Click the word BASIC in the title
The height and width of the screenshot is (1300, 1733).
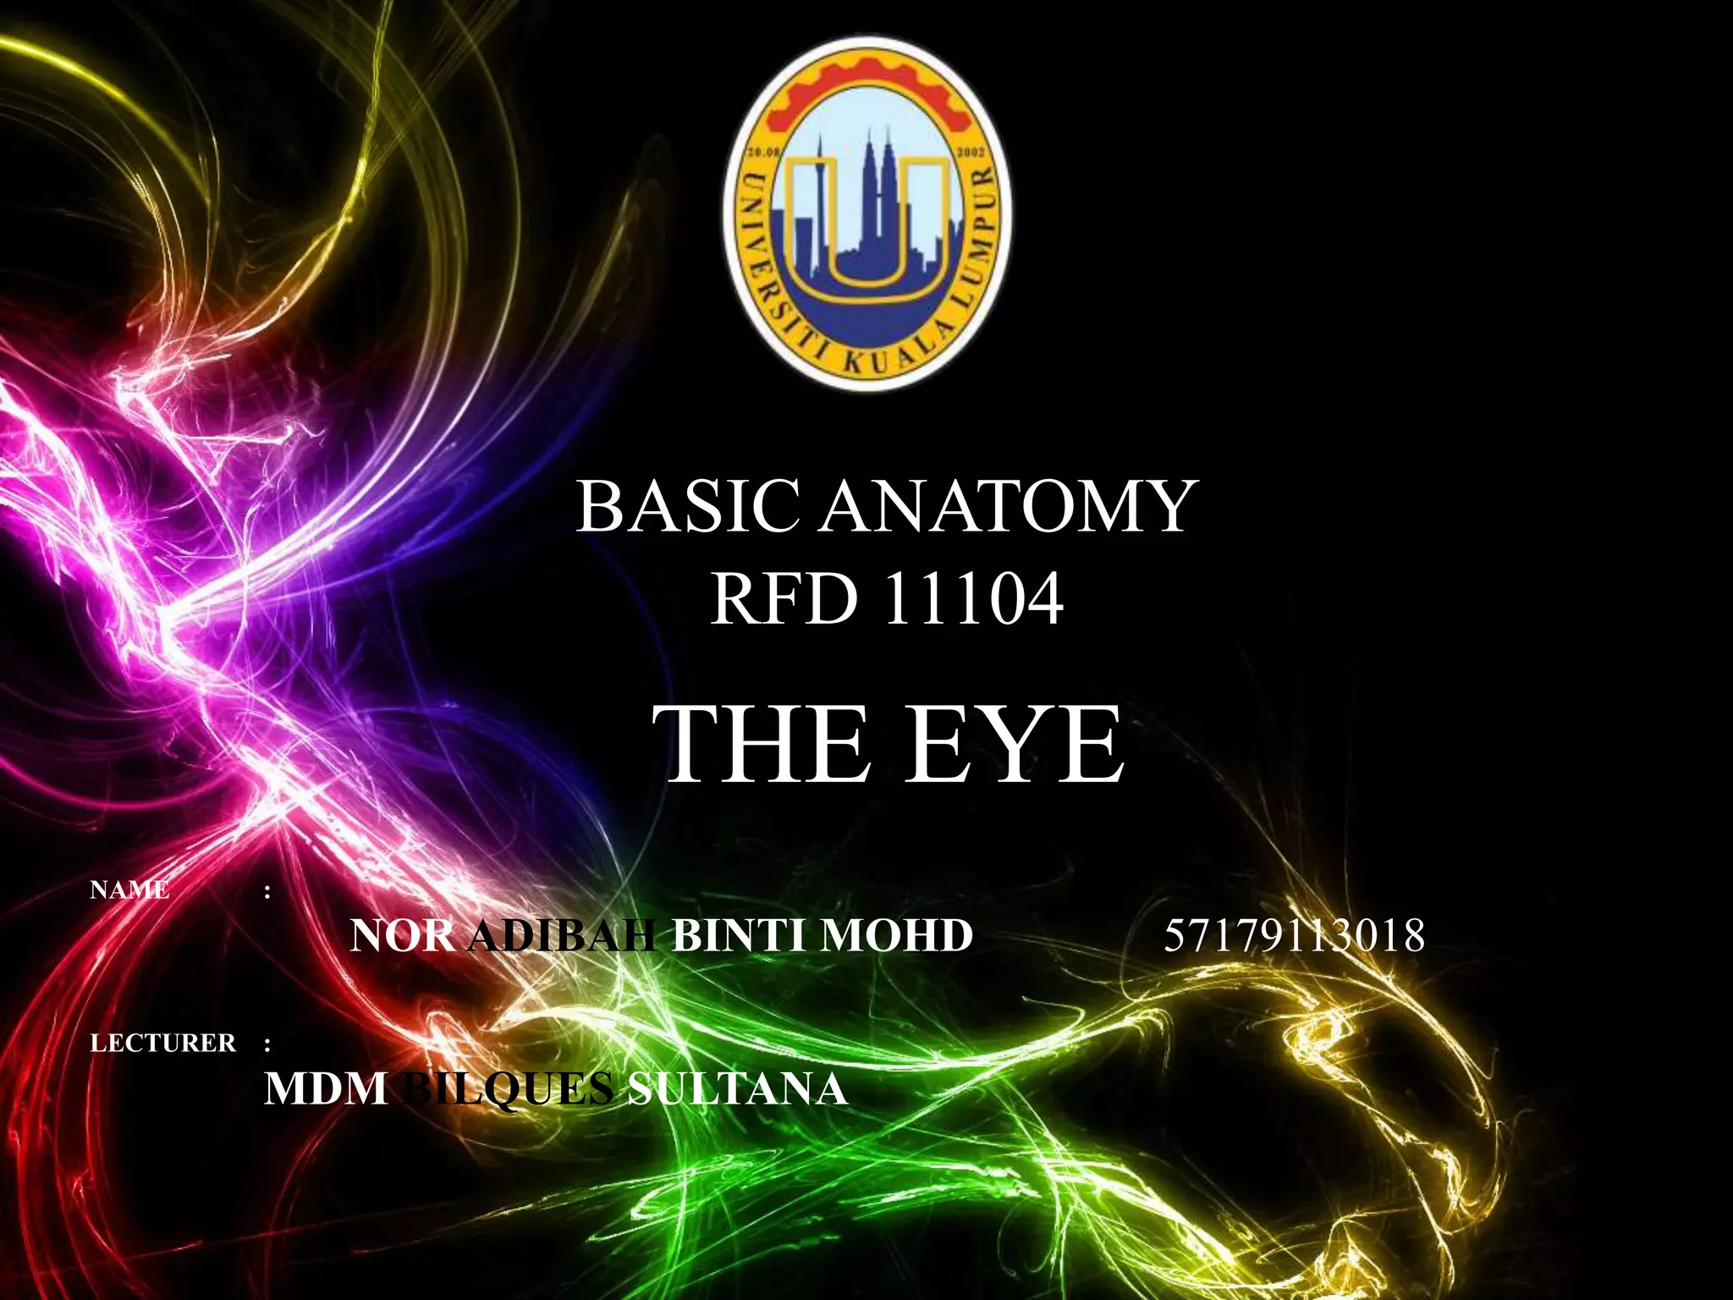[687, 506]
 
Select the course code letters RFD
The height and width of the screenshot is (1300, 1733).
[781, 599]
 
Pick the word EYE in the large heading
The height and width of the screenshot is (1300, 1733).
[1015, 745]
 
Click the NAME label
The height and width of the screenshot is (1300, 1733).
[129, 890]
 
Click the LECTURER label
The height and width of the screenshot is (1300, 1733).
[163, 1043]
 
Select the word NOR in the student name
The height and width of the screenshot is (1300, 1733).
[402, 936]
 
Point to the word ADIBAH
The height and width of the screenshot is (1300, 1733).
[562, 936]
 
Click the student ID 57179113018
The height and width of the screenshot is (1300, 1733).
[1294, 936]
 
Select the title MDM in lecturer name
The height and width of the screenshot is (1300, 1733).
[325, 1088]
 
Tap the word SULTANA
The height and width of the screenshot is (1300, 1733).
[736, 1088]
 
